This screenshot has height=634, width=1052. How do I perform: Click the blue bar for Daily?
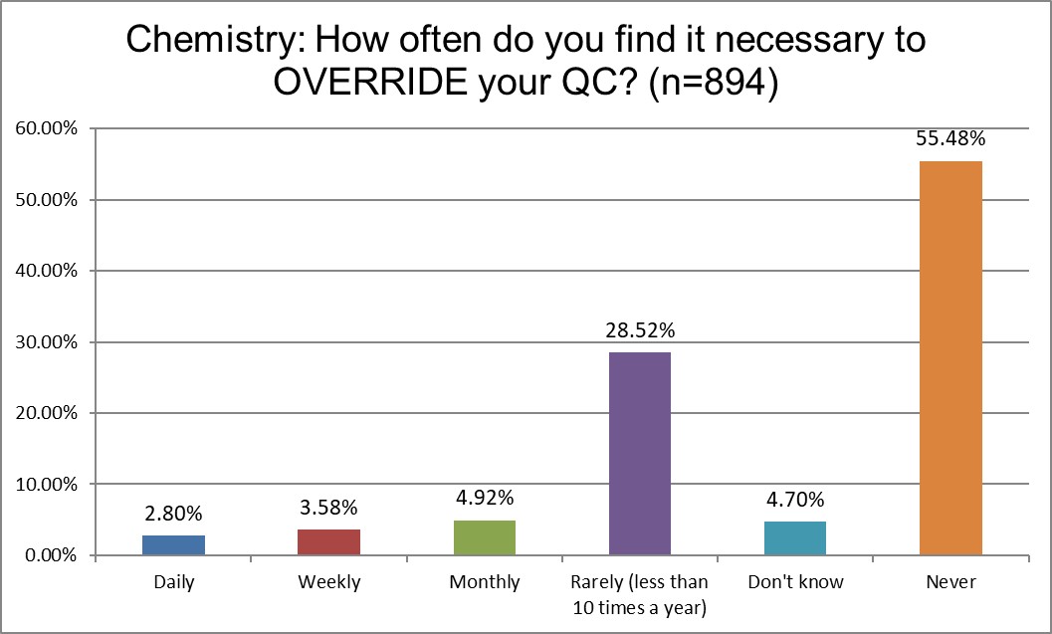[x=173, y=545]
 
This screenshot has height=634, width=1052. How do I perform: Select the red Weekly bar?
[x=328, y=542]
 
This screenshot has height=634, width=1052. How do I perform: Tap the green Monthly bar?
[x=485, y=537]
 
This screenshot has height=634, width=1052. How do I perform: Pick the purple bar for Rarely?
[x=640, y=454]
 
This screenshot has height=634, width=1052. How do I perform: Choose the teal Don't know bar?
[x=795, y=538]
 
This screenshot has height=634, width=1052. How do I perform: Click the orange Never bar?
[x=950, y=358]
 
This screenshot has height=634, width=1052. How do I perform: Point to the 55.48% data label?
[x=950, y=138]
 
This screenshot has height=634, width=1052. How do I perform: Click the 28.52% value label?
[x=640, y=330]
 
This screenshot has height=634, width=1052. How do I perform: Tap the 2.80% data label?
[x=173, y=514]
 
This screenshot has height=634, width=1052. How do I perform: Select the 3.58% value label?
[x=328, y=508]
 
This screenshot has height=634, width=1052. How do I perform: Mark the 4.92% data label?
[x=485, y=499]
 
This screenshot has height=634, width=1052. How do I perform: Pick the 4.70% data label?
[x=795, y=501]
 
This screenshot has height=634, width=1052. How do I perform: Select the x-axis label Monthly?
[x=485, y=582]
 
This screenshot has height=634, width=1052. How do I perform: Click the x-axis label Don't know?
[x=795, y=582]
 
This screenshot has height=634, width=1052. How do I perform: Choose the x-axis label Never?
[x=950, y=582]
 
